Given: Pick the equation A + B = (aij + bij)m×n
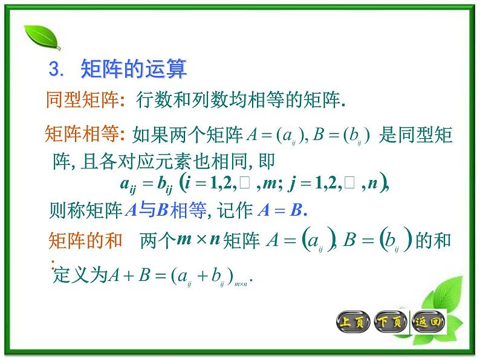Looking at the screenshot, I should point(181,276).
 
